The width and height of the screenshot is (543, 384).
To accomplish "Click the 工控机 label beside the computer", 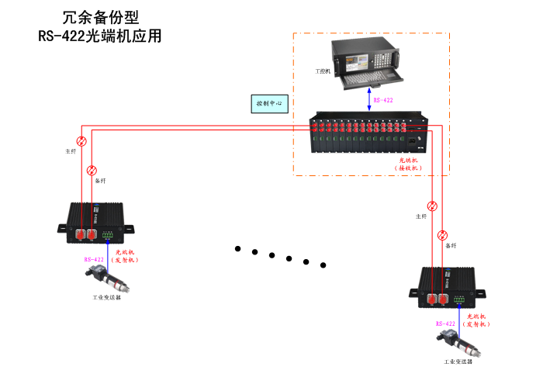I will (x=323, y=71).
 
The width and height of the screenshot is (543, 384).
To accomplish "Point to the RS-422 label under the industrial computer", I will (x=382, y=100).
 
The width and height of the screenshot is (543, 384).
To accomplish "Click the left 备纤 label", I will (x=100, y=180).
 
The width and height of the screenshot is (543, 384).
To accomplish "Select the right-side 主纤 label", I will (x=421, y=216).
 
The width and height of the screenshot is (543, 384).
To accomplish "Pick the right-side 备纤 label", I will (x=451, y=245).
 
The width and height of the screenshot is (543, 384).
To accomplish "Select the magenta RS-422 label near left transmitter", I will (x=94, y=259).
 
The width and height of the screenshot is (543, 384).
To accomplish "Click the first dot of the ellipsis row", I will (x=238, y=249).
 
